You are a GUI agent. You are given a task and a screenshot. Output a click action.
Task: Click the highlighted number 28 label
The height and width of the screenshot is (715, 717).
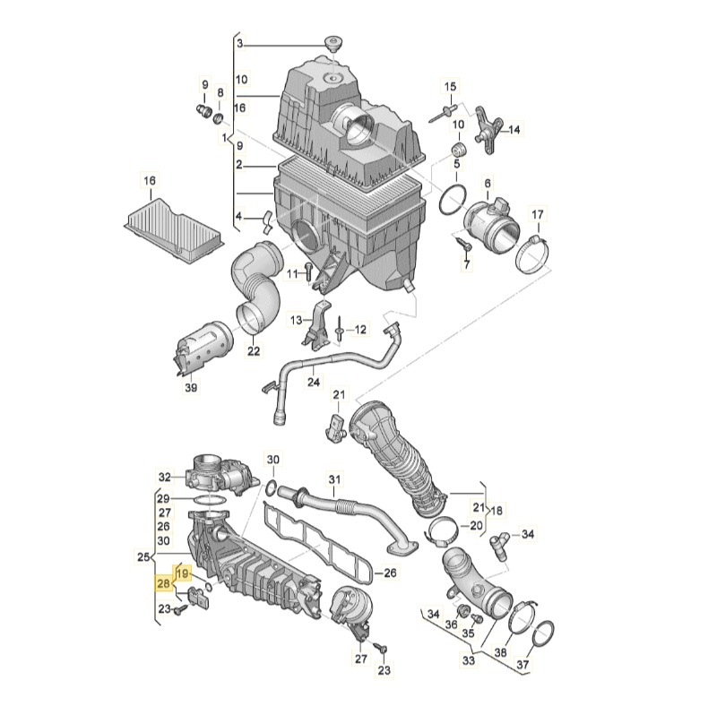click(x=163, y=584)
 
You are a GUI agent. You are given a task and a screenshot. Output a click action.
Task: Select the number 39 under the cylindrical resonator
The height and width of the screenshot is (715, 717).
click(x=190, y=387)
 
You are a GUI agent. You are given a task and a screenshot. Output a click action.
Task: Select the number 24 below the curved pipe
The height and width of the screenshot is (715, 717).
click(x=313, y=382)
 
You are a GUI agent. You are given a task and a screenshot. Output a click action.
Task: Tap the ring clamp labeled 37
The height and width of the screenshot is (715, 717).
click(x=543, y=637)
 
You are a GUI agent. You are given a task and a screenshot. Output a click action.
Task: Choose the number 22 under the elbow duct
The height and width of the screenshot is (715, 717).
click(x=254, y=351)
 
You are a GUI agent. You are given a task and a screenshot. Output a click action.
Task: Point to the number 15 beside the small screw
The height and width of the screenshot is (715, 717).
click(x=451, y=86)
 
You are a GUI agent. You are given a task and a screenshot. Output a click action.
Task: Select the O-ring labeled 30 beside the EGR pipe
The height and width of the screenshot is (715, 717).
click(x=269, y=487)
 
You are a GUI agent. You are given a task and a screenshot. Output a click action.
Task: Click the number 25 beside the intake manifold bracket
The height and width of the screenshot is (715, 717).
click(x=143, y=557)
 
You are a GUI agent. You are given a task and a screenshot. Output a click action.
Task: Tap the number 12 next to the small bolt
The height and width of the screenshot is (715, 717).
click(x=360, y=330)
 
